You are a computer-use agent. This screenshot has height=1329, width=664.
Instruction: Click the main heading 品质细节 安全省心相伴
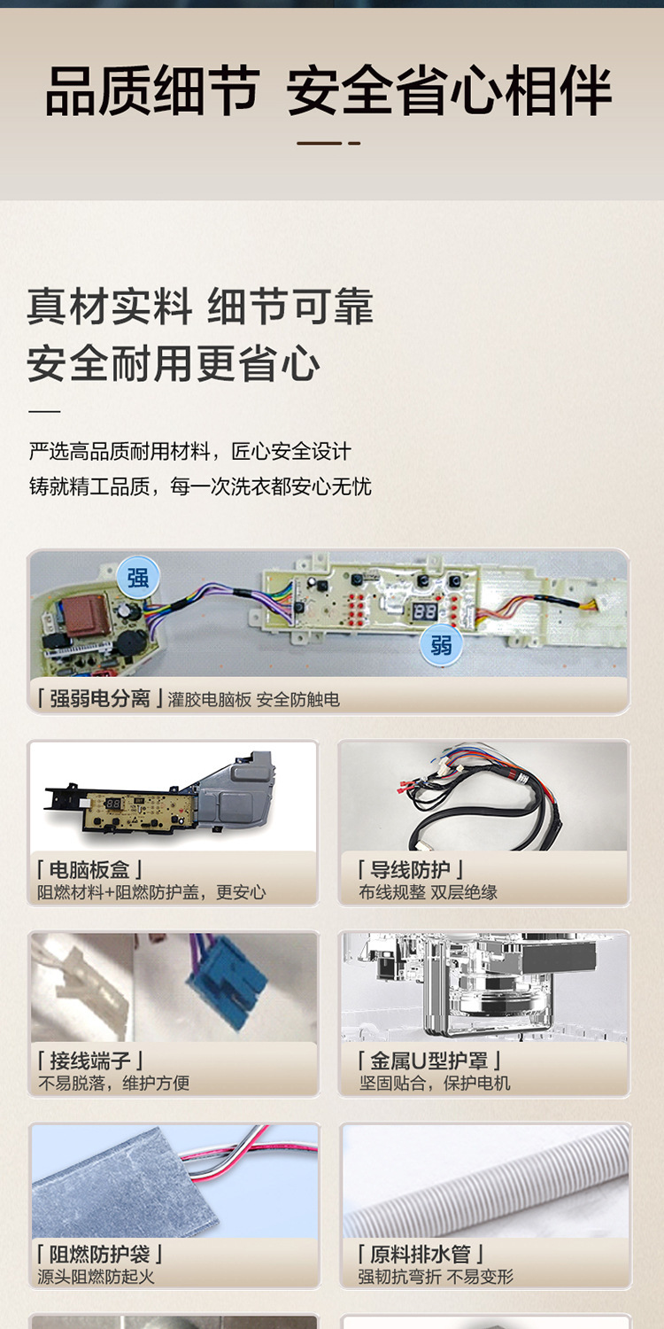click(328, 92)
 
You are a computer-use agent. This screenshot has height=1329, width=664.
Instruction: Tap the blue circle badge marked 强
click(138, 579)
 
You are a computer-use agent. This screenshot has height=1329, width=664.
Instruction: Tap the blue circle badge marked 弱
click(441, 644)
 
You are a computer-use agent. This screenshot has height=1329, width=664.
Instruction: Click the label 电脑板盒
click(89, 870)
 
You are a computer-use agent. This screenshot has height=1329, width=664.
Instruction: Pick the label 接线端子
click(89, 1061)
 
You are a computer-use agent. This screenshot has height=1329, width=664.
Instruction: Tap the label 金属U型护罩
click(430, 1061)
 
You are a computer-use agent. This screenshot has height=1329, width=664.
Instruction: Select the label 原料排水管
click(421, 1255)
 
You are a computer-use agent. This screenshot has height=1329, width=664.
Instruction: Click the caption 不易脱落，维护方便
click(113, 1083)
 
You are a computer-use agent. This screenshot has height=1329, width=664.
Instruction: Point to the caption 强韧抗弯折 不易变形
click(436, 1277)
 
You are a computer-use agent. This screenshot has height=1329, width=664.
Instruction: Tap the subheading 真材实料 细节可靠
click(200, 307)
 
